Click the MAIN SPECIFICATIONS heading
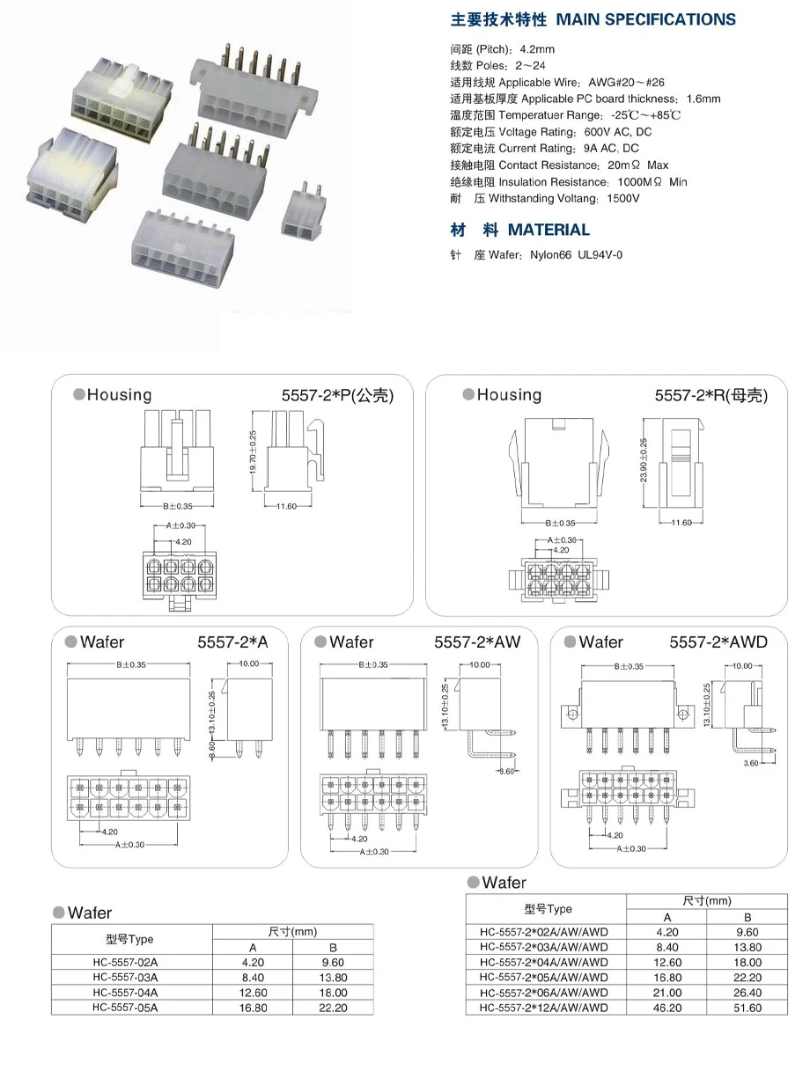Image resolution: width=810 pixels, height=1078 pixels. click(646, 19)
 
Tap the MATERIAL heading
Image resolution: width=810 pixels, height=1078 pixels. click(549, 230)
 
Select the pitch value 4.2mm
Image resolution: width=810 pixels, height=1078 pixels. click(537, 49)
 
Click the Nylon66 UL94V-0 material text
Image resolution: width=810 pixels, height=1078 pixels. click(577, 255)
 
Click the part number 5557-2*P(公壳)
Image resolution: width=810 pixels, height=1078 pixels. click(337, 396)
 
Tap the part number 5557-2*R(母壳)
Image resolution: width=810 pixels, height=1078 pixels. click(711, 396)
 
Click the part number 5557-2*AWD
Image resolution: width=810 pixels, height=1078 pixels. click(718, 642)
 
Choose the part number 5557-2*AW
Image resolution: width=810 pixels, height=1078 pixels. click(477, 642)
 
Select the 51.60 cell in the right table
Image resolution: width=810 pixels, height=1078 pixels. click(747, 1008)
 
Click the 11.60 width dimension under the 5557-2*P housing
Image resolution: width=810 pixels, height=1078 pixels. click(286, 506)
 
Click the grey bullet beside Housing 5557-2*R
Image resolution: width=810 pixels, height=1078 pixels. click(468, 395)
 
